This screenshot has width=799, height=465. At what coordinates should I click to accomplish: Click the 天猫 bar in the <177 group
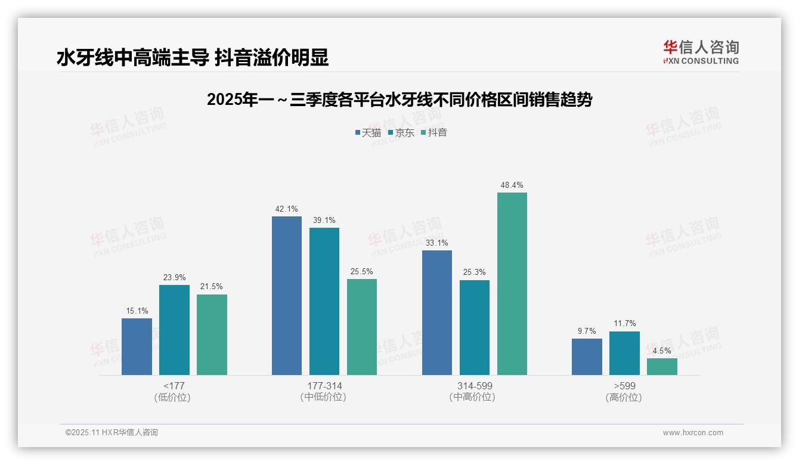pyautogui.click(x=137, y=346)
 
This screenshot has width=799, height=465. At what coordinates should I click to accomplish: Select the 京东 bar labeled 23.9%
pyautogui.click(x=174, y=330)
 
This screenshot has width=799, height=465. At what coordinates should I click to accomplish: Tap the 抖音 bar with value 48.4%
pyautogui.click(x=512, y=284)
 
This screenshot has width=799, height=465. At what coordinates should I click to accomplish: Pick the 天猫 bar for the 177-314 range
pyautogui.click(x=287, y=296)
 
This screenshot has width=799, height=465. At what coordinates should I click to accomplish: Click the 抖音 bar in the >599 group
pyautogui.click(x=662, y=367)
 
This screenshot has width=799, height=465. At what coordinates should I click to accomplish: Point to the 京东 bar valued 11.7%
pyautogui.click(x=624, y=353)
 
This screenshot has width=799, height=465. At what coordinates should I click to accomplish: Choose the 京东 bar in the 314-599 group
pyautogui.click(x=475, y=327)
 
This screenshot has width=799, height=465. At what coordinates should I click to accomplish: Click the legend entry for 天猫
pyautogui.click(x=368, y=133)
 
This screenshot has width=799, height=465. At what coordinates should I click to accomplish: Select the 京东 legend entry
pyautogui.click(x=401, y=133)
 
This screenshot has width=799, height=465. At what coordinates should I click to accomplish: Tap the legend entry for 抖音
pyautogui.click(x=434, y=133)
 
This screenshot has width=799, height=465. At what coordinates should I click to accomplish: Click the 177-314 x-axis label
pyautogui.click(x=324, y=386)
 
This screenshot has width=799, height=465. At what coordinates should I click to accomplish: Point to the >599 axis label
pyautogui.click(x=624, y=386)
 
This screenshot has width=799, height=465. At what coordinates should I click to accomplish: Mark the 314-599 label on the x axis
pyautogui.click(x=475, y=386)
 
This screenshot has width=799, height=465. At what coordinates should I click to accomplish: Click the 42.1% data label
pyautogui.click(x=287, y=209)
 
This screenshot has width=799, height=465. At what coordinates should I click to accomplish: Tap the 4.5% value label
pyautogui.click(x=662, y=351)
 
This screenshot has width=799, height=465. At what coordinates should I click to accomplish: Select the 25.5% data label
pyautogui.click(x=362, y=272)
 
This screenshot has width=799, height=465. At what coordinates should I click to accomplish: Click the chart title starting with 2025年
pyautogui.click(x=399, y=100)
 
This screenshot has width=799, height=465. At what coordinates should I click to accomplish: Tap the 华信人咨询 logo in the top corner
pyautogui.click(x=701, y=52)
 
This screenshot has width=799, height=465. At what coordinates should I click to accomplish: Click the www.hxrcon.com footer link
pyautogui.click(x=693, y=433)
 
